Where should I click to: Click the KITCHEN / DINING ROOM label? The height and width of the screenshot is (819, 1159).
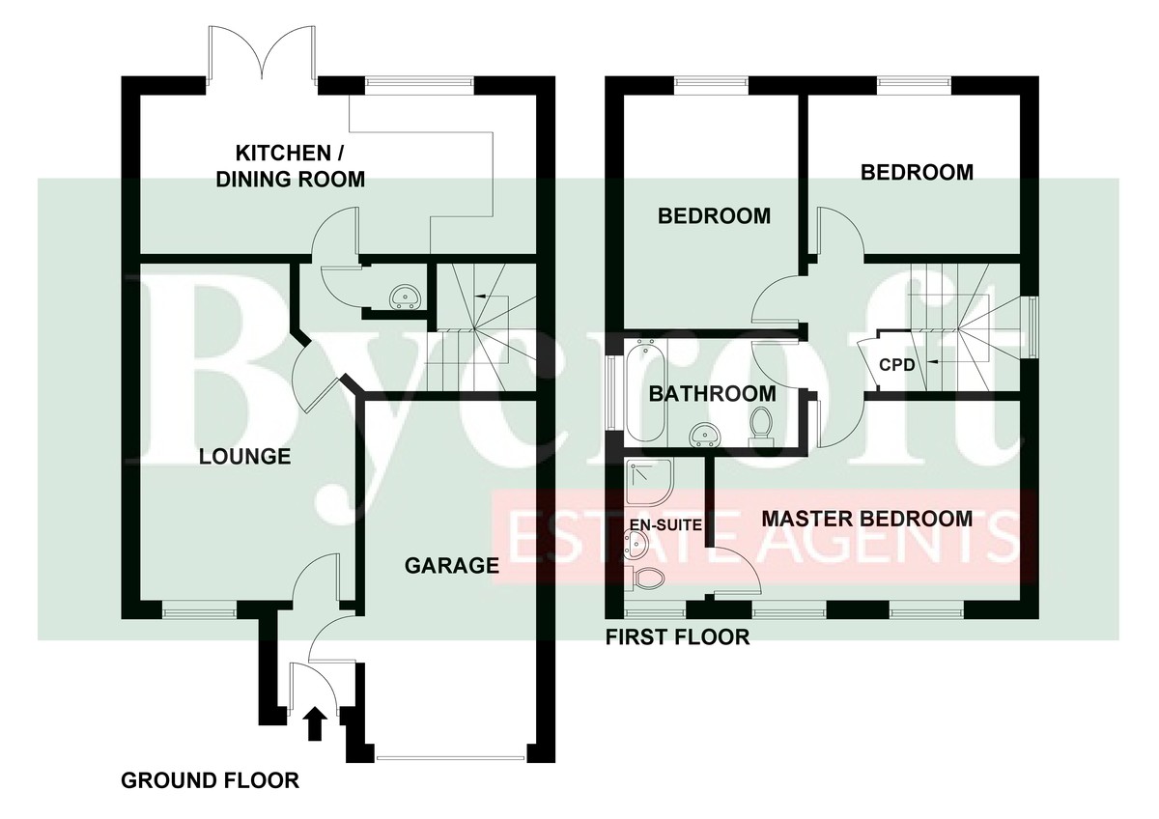(x=291, y=166)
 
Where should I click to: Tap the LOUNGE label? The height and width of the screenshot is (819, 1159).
(x=244, y=456)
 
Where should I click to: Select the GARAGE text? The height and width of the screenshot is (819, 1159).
(x=452, y=566)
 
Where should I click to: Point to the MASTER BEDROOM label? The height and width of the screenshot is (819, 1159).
(x=867, y=519)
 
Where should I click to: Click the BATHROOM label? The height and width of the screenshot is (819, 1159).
(x=713, y=394)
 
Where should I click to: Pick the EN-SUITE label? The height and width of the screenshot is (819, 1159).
(x=665, y=524)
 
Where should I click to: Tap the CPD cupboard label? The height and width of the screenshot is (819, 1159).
(x=897, y=365)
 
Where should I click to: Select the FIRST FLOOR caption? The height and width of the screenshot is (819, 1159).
(x=678, y=636)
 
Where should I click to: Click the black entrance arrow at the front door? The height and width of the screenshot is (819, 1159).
(x=314, y=723)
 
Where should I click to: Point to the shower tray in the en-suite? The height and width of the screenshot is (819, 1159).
(x=649, y=482)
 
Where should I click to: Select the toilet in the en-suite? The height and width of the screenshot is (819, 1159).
(x=645, y=578)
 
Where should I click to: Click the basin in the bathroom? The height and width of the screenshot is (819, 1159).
(x=703, y=434)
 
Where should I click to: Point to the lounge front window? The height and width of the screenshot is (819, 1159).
(x=199, y=610)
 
